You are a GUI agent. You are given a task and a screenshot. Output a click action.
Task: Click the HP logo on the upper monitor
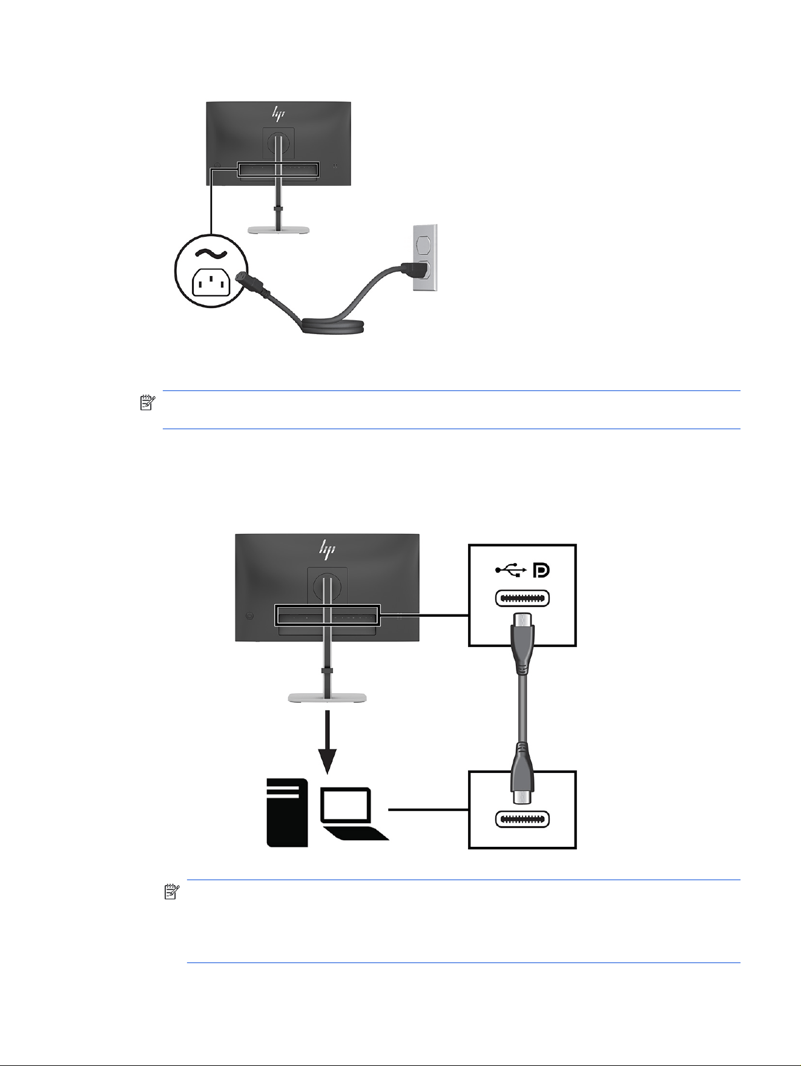pyautogui.click(x=278, y=113)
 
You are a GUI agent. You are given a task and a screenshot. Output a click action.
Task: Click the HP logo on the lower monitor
pyautogui.click(x=328, y=548)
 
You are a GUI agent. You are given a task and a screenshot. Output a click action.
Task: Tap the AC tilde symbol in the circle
pyautogui.click(x=211, y=254)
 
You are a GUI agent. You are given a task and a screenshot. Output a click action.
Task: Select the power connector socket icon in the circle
pyautogui.click(x=212, y=282)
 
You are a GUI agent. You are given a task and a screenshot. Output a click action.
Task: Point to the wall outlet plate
pyautogui.click(x=424, y=257)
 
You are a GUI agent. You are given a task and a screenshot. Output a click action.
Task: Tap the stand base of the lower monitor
pyautogui.click(x=327, y=698)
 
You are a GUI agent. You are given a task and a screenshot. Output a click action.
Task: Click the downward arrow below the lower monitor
pyautogui.click(x=328, y=742)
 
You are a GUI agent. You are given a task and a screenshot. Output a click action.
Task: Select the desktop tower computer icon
pyautogui.click(x=287, y=812)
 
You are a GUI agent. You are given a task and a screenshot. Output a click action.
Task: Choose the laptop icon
pyautogui.click(x=354, y=814)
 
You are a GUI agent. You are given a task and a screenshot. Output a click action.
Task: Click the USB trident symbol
pyautogui.click(x=510, y=570)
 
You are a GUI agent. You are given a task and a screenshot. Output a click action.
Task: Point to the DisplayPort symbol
pyautogui.click(x=541, y=570)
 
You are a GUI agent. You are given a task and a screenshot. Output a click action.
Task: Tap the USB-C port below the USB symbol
pyautogui.click(x=522, y=598)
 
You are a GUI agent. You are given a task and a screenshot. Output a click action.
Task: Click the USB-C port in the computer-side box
pyautogui.click(x=522, y=820)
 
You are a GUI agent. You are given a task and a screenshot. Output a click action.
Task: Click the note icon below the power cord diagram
pyautogui.click(x=148, y=403)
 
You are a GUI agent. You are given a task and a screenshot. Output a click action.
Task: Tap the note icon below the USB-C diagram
pyautogui.click(x=172, y=891)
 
